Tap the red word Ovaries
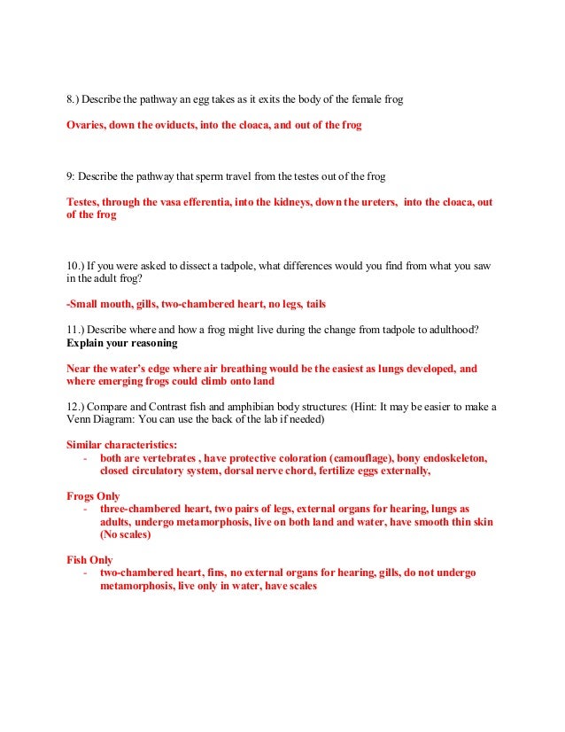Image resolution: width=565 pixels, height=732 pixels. pyautogui.click(x=87, y=126)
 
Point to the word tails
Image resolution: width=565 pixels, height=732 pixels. pyautogui.click(x=315, y=303)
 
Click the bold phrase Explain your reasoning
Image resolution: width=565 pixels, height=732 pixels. pyautogui.click(x=121, y=342)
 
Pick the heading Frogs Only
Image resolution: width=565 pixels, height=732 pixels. pyautogui.click(x=93, y=496)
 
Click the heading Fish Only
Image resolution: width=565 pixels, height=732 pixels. pyautogui.click(x=89, y=560)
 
